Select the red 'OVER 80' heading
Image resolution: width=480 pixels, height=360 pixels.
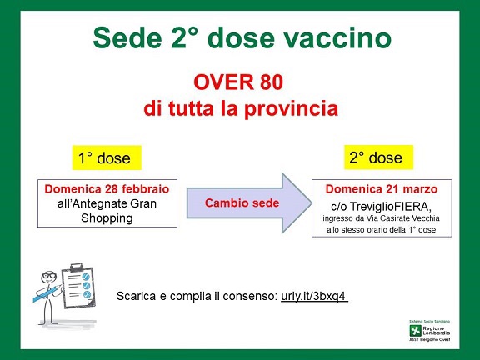tap(239, 83)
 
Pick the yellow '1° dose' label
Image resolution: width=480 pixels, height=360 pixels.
tap(101, 158)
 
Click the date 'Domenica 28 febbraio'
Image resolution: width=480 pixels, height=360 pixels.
tap(106, 189)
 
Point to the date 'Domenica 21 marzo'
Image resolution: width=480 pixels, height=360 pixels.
tap(381, 189)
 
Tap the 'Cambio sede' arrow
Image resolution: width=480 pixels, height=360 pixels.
tap(242, 202)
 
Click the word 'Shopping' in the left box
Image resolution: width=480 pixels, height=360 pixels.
tap(106, 217)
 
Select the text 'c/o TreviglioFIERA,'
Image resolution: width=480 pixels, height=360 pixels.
tap(381, 204)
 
